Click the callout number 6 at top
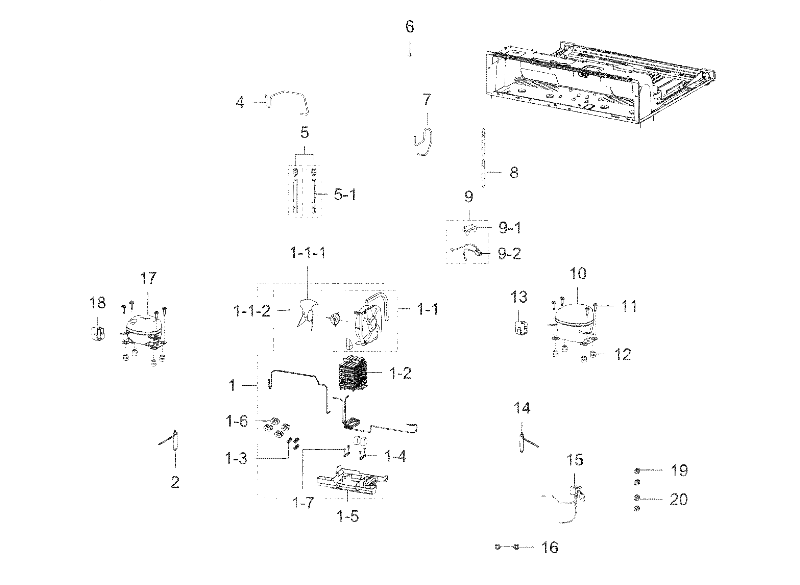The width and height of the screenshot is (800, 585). tap(410, 27)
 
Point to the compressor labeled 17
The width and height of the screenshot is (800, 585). tap(144, 329)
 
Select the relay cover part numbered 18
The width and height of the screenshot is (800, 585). tap(97, 333)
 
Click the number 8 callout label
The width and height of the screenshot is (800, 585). tap(514, 173)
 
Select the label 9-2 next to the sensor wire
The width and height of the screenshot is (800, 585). tap(509, 254)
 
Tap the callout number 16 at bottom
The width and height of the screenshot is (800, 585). tap(550, 548)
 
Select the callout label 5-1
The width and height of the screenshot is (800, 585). tap(344, 195)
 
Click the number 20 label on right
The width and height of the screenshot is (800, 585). tap(678, 499)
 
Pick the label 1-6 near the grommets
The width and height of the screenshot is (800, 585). tap(237, 422)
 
